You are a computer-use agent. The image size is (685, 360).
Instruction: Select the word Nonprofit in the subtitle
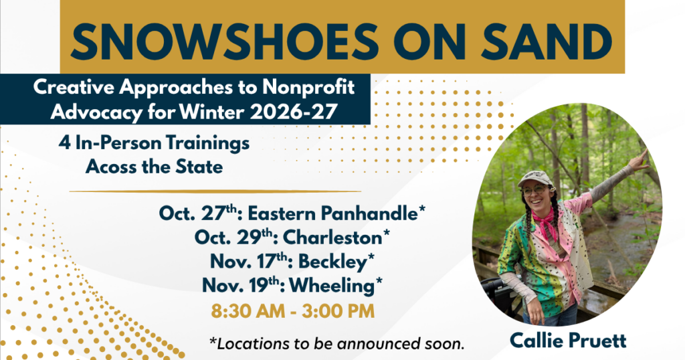[x=308, y=88]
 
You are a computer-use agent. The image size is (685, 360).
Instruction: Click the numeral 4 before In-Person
[x=65, y=143]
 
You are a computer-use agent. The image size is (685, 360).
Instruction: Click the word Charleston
[x=332, y=238]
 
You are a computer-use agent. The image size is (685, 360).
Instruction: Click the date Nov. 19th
[x=240, y=286]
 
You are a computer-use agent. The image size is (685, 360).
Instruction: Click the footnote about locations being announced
[x=336, y=344]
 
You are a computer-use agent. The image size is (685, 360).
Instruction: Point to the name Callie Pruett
[x=568, y=341]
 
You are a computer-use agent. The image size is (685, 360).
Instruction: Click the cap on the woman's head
[x=536, y=179]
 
